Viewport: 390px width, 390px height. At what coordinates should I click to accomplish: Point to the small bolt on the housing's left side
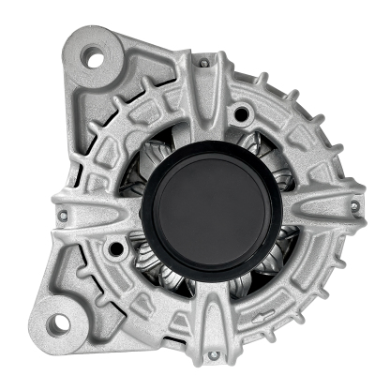tap(63, 216)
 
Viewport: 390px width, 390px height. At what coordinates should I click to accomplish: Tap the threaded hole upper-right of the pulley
tap(242, 114)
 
